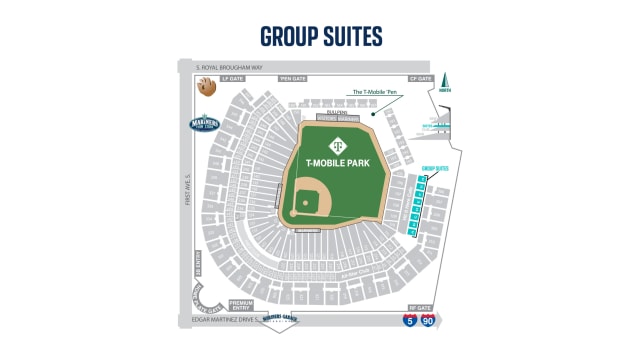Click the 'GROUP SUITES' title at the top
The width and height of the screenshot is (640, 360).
[x=320, y=36]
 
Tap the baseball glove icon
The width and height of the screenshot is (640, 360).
[x=206, y=87]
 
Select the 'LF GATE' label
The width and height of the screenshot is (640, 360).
[x=233, y=77]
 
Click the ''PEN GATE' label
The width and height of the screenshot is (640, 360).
[x=292, y=77]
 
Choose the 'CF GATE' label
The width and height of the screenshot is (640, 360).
[x=420, y=77]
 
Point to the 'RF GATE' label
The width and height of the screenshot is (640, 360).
[x=421, y=309]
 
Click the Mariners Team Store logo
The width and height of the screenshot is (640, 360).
[x=204, y=125]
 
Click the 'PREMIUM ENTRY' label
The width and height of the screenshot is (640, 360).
[x=241, y=303]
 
